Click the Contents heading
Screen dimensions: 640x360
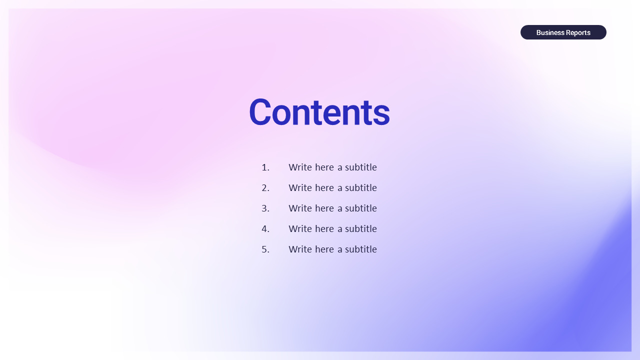(319, 112)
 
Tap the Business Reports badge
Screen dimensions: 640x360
(563, 32)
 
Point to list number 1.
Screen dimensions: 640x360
(265, 167)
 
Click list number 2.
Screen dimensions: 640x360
(265, 188)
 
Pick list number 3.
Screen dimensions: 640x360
(265, 208)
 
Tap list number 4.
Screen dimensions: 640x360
(265, 229)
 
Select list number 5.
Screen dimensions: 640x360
(265, 249)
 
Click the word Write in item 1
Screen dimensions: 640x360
(300, 167)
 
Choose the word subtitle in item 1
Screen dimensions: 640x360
(361, 167)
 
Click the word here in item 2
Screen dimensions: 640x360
(324, 188)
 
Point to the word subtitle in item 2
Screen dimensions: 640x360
(361, 187)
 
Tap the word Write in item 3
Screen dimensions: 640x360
(300, 208)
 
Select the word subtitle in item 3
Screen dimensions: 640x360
(361, 208)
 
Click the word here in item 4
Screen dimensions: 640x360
(324, 229)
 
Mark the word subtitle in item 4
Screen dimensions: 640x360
(361, 229)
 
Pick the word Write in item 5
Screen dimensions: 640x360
(300, 249)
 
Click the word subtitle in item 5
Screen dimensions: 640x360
(361, 249)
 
